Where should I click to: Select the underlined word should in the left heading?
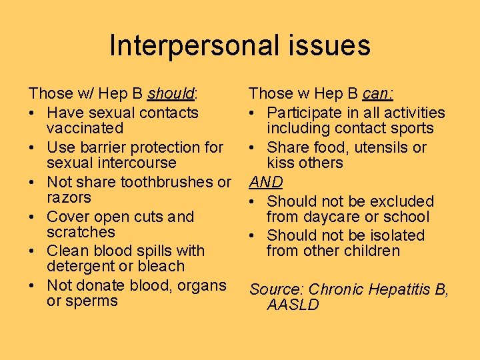(170, 94)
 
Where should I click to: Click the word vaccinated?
(85, 128)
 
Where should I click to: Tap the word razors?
(69, 198)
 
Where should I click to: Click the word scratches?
(81, 233)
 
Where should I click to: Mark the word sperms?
(92, 301)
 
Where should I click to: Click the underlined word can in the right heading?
(377, 94)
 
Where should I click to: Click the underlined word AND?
(266, 182)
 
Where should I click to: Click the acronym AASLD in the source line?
(293, 305)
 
